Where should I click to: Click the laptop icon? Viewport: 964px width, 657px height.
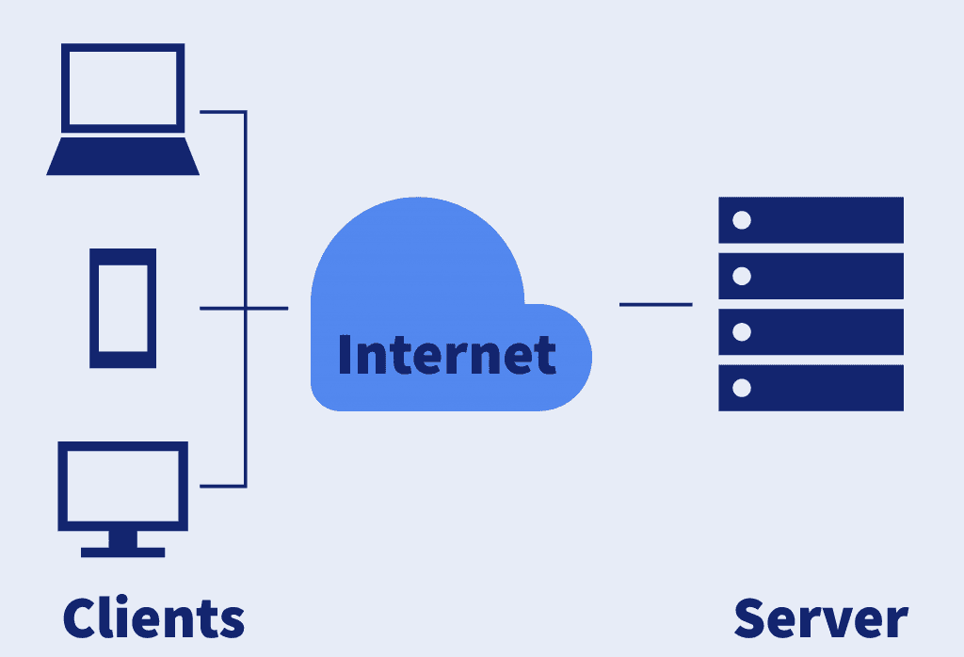[122, 108]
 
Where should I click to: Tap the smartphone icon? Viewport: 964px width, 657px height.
[122, 308]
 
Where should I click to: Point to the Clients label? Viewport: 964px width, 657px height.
[153, 617]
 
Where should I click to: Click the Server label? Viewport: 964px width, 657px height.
[820, 617]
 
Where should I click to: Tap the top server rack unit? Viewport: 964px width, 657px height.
[811, 220]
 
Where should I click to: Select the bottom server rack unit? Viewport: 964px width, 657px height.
[811, 388]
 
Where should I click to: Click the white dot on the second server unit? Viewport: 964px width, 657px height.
[742, 276]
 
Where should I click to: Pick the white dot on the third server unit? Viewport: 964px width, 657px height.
[742, 331]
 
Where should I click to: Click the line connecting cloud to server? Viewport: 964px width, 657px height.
[655, 304]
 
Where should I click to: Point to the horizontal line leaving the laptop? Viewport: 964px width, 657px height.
[222, 112]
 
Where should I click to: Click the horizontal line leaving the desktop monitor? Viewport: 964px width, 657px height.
[222, 487]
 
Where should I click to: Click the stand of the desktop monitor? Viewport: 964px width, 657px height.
[122, 543]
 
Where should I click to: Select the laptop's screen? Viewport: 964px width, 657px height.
[122, 88]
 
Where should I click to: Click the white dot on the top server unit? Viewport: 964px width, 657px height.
[742, 220]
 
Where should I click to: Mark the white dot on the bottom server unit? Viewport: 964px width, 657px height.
[742, 388]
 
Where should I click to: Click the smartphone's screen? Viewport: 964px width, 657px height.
[122, 308]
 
